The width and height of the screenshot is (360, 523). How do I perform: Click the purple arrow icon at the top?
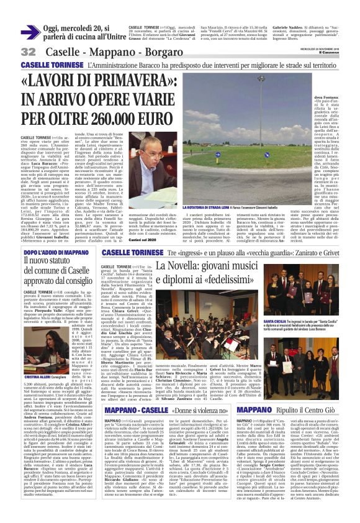coord(29,32)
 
